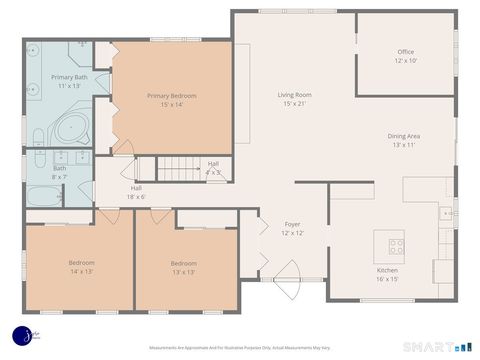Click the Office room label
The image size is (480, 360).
pyautogui.click(x=405, y=52)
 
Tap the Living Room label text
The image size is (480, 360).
pyautogui.click(x=294, y=95)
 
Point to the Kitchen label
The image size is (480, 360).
pyautogui.click(x=387, y=270)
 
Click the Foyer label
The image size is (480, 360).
pyautogui.click(x=292, y=224)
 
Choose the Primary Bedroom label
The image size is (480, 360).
pyautogui.click(x=171, y=96)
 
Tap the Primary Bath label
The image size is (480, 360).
pyautogui.click(x=69, y=77)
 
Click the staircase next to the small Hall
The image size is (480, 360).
pyautogui.click(x=178, y=170)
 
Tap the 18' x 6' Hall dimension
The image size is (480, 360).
pyautogui.click(x=135, y=197)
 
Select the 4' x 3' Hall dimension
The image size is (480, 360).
pyautogui.click(x=213, y=173)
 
